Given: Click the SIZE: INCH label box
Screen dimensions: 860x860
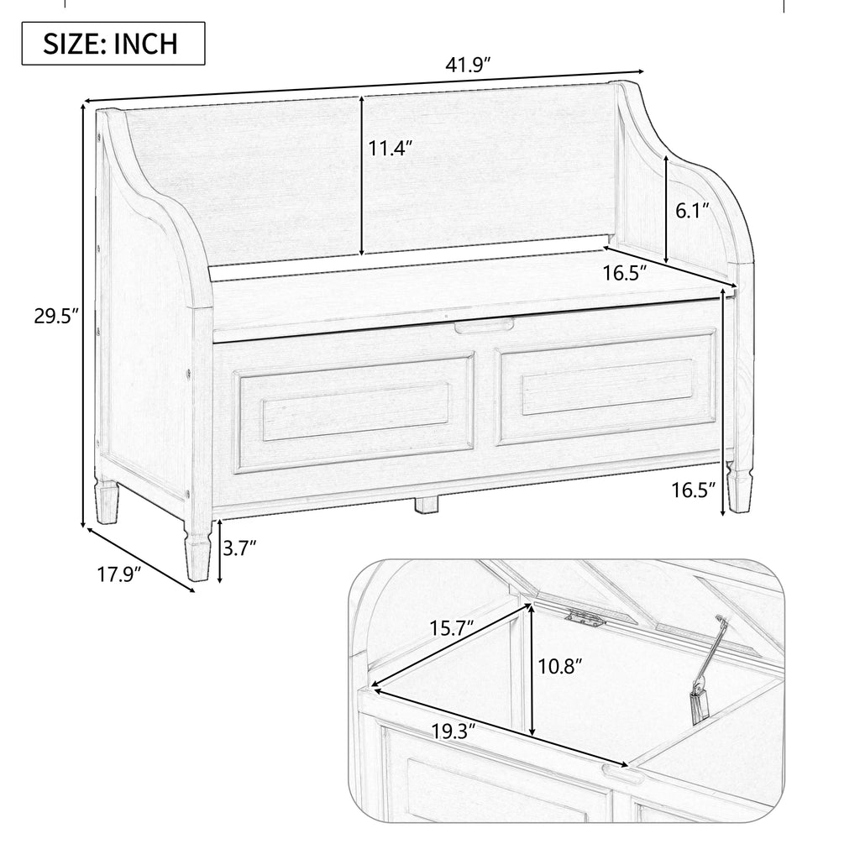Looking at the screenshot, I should coord(113,44).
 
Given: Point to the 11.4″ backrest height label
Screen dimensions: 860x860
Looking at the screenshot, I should coord(391,149).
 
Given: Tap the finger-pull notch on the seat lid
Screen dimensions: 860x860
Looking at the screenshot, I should coord(483,324).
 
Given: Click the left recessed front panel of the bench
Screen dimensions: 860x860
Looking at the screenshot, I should coord(355,411).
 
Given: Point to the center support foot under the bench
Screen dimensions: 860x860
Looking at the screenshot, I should coord(427,506).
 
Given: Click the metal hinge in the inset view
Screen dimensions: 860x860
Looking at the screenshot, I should coord(585,619).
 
